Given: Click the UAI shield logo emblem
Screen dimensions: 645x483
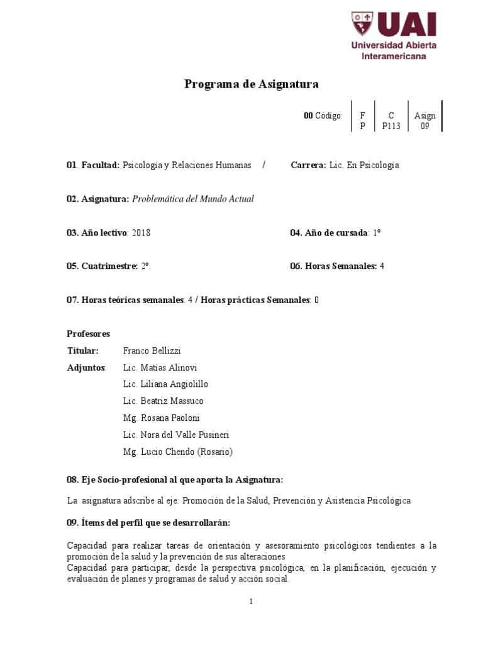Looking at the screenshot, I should pyautogui.click(x=362, y=23).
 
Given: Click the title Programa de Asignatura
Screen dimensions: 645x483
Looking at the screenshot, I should pyautogui.click(x=252, y=84).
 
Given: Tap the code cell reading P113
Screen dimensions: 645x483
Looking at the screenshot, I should pyautogui.click(x=391, y=125).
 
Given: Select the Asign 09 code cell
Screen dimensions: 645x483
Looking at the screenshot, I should pyautogui.click(x=425, y=120).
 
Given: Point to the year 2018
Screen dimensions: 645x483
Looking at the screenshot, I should pyautogui.click(x=142, y=232).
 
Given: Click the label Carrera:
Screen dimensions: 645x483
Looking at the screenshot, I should pyautogui.click(x=308, y=165).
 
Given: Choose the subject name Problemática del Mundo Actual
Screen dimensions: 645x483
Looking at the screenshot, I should pyautogui.click(x=193, y=199).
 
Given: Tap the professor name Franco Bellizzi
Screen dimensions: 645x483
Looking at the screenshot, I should pyautogui.click(x=152, y=351).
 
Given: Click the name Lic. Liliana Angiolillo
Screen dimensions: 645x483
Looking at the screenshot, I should pyautogui.click(x=166, y=384).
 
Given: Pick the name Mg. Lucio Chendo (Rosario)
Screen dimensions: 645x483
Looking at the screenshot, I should pyautogui.click(x=178, y=452).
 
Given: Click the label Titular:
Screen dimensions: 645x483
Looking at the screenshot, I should pyautogui.click(x=83, y=351).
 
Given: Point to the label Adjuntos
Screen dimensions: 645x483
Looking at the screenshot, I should pyautogui.click(x=86, y=368).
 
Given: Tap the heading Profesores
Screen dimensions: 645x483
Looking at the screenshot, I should pyautogui.click(x=88, y=333).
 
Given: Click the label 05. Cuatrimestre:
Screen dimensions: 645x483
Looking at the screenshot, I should pyautogui.click(x=102, y=266).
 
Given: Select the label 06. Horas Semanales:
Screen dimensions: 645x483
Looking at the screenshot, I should pyautogui.click(x=333, y=266).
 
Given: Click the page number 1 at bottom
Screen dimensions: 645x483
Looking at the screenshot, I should pyautogui.click(x=251, y=602).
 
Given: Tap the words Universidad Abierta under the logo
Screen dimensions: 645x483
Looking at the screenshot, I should pyautogui.click(x=394, y=45).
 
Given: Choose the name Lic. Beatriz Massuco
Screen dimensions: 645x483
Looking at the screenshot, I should pyautogui.click(x=164, y=401).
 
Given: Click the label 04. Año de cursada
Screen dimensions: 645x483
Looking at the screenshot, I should pyautogui.click(x=329, y=232).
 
